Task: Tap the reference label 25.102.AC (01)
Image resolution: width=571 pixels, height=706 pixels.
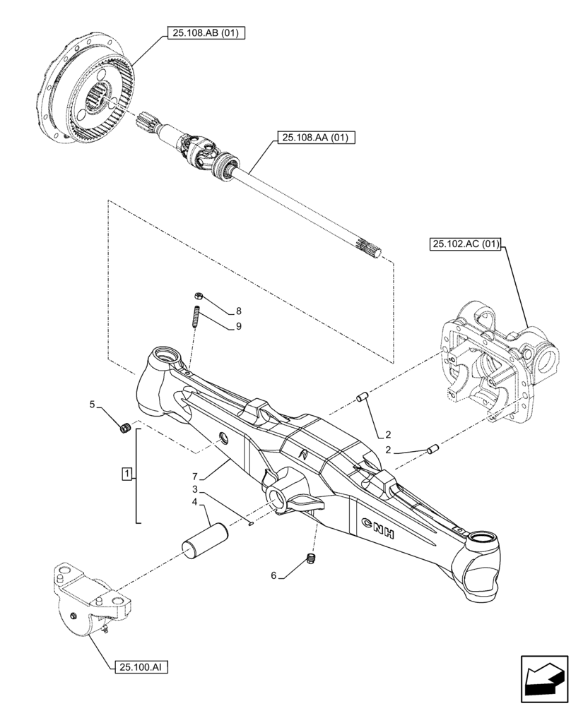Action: [x=464, y=245]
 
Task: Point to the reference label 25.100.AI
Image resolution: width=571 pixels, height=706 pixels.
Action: [x=139, y=666]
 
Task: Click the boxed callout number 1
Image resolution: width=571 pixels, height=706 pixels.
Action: [x=125, y=474]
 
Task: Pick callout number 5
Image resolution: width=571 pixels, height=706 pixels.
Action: [x=92, y=405]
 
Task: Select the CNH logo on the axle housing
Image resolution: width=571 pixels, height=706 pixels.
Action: [x=380, y=529]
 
